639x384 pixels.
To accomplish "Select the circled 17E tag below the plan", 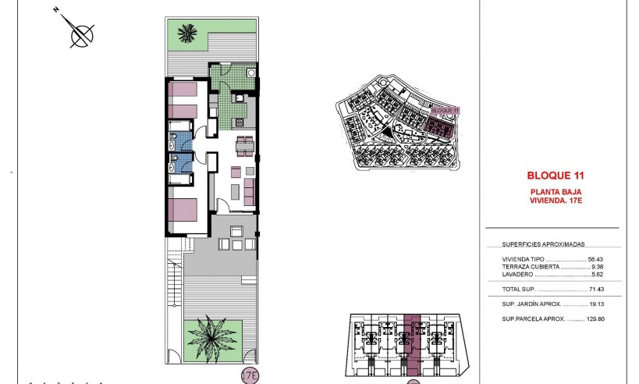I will click(250, 374).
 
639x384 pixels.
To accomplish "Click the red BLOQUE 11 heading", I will click(556, 176).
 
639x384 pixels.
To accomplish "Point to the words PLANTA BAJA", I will click(556, 191).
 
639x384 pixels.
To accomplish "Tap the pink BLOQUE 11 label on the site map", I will click(446, 111).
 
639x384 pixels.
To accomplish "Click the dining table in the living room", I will click(244, 144).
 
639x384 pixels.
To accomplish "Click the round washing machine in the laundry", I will click(250, 73).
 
